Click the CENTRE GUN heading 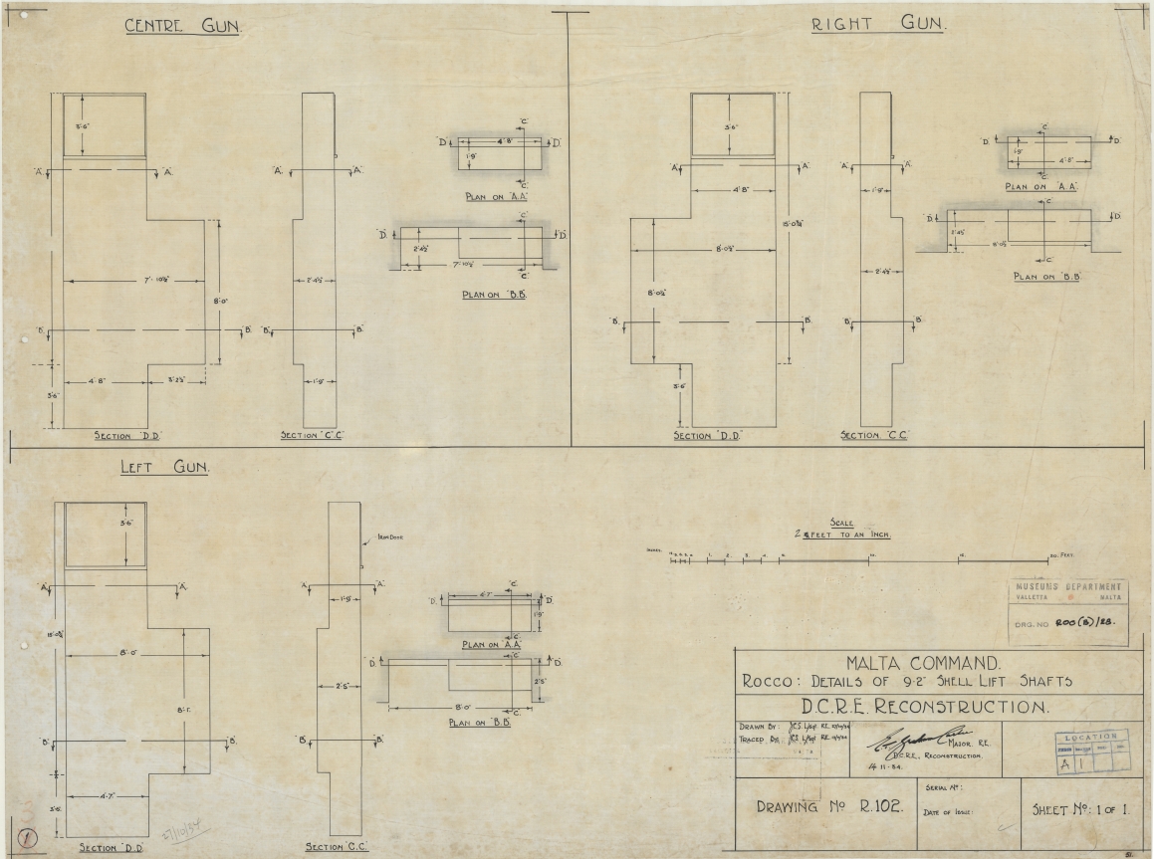tap(181, 27)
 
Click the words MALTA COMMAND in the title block tap(909, 662)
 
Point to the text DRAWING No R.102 tap(820, 807)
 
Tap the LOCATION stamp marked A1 tap(1092, 752)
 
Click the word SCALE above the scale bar tap(841, 523)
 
